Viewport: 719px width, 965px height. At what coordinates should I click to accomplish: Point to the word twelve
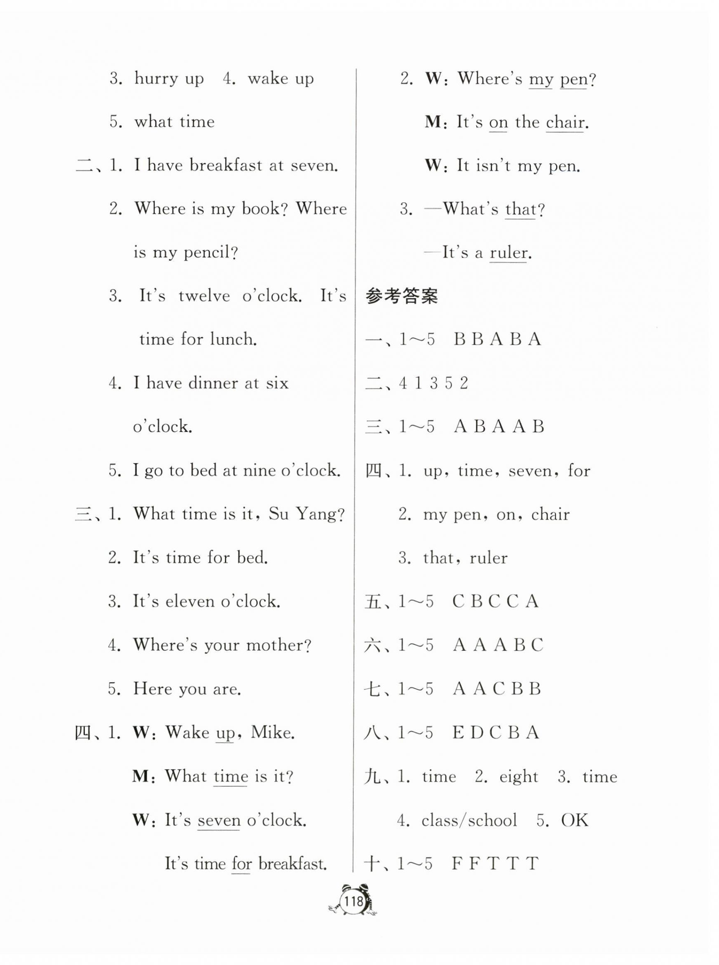tap(204, 296)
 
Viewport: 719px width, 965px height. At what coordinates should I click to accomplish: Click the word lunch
tap(233, 339)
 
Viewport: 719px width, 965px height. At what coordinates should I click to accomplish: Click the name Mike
tap(273, 732)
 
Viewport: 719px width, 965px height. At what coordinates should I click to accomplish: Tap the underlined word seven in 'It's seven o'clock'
tap(219, 820)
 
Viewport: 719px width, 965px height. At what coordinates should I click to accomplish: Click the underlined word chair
tap(565, 122)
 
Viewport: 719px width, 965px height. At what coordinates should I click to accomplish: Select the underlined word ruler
tap(508, 253)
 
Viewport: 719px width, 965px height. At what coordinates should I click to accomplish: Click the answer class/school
tap(469, 820)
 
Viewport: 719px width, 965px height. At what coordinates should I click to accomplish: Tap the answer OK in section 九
tap(574, 820)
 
